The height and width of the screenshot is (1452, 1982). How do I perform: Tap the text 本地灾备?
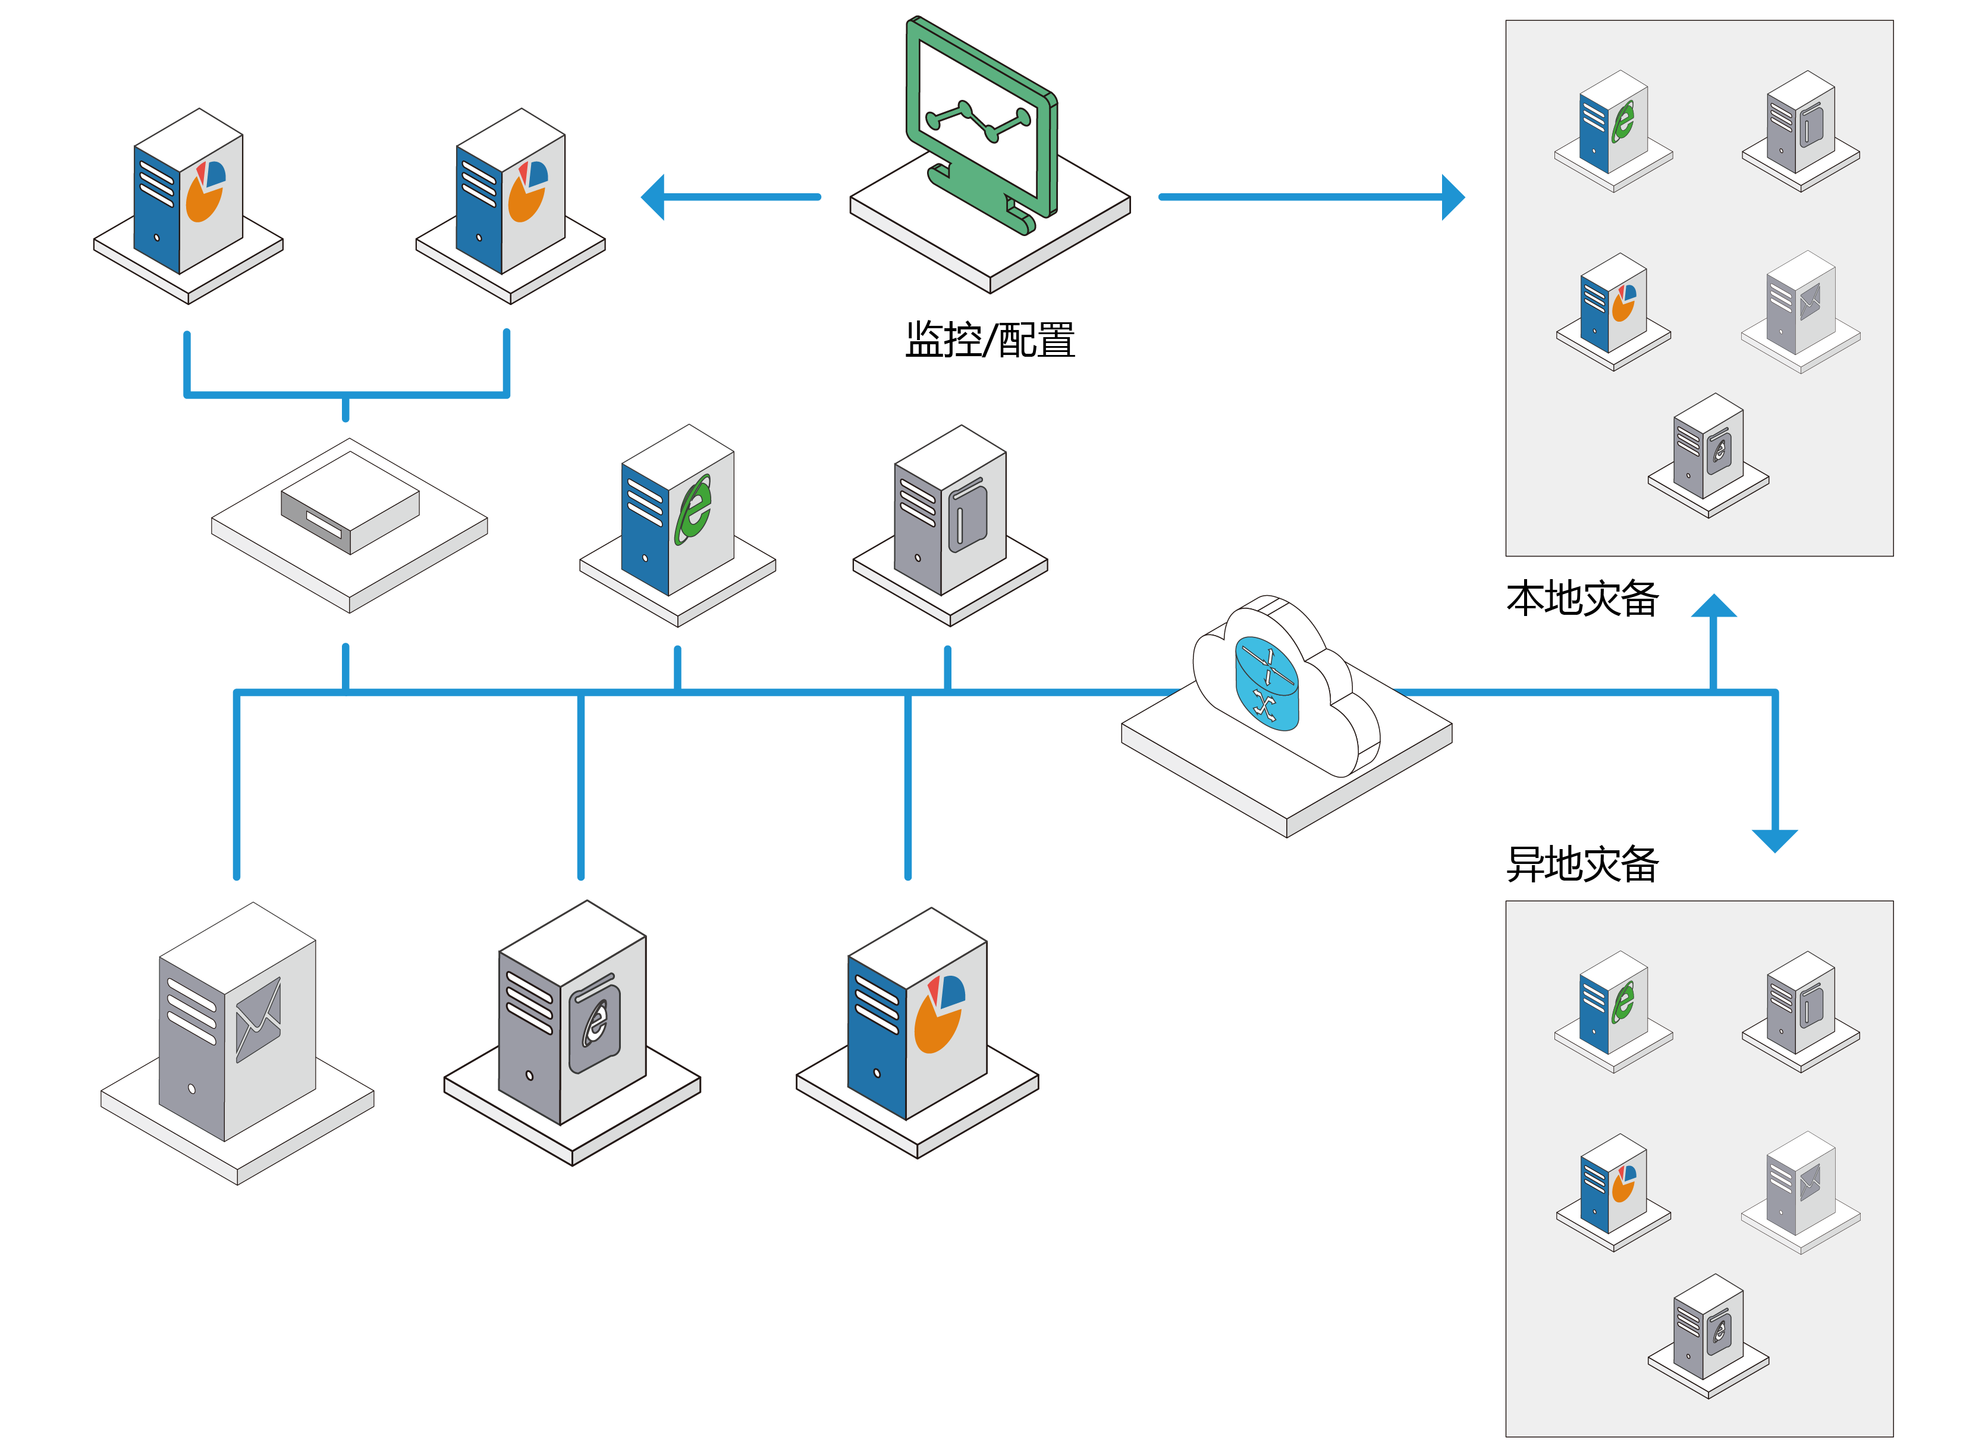coord(1582,599)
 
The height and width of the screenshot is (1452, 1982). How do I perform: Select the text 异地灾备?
coord(1582,864)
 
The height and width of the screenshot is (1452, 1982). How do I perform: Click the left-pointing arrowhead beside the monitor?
coord(653,197)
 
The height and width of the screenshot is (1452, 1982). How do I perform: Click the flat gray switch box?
coord(350,507)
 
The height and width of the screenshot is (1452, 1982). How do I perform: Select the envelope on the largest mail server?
coord(259,1020)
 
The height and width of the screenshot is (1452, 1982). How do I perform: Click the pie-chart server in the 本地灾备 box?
coord(1613,304)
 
